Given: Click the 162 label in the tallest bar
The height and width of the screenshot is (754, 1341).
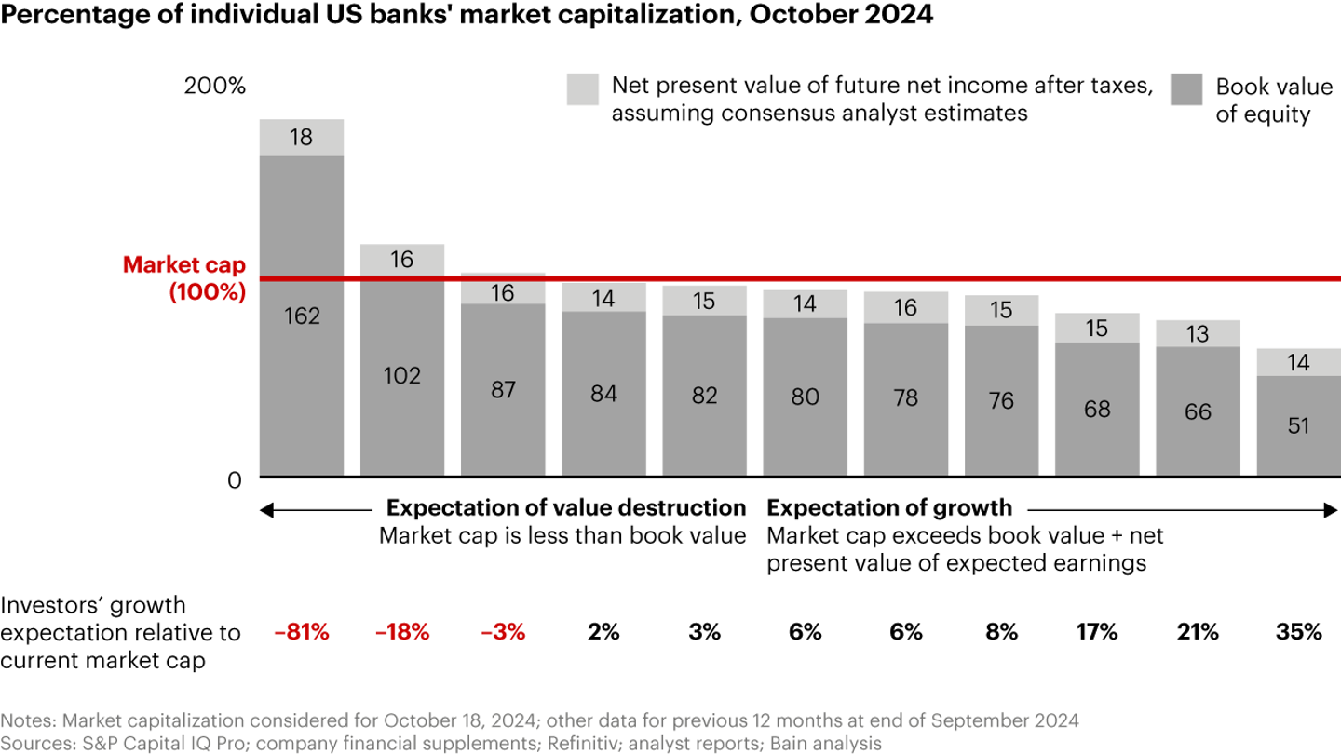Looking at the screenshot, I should tap(302, 316).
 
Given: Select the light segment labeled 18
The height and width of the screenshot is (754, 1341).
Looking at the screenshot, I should tap(302, 138).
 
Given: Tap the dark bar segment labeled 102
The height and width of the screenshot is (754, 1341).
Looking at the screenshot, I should tap(402, 375).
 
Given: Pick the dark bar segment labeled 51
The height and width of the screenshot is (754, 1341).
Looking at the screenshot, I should tap(1298, 425).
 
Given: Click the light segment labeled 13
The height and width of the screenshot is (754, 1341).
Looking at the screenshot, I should tap(1198, 333).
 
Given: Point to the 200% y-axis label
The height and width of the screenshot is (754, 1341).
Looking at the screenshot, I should tap(215, 88).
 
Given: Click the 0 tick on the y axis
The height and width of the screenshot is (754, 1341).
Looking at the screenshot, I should tap(235, 479).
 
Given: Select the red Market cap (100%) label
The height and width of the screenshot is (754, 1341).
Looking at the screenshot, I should tap(184, 277).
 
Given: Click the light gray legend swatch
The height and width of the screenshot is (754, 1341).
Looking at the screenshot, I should tap(582, 89).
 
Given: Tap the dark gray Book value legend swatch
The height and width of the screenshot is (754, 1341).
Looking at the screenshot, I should tap(1185, 89).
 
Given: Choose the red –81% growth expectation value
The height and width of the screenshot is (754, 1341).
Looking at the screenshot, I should tap(302, 632).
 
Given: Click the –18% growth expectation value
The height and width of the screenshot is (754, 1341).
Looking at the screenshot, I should tap(402, 632).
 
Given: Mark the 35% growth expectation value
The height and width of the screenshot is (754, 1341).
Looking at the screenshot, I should tap(1298, 632).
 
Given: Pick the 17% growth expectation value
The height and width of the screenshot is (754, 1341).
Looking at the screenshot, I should tap(1097, 632).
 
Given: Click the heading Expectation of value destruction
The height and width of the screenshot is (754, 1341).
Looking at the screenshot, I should tap(566, 507).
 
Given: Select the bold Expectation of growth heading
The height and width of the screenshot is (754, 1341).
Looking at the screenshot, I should tap(888, 507).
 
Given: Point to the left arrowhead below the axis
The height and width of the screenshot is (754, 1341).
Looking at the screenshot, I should tap(265, 509).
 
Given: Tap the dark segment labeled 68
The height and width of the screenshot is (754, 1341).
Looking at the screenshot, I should tap(1097, 409).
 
